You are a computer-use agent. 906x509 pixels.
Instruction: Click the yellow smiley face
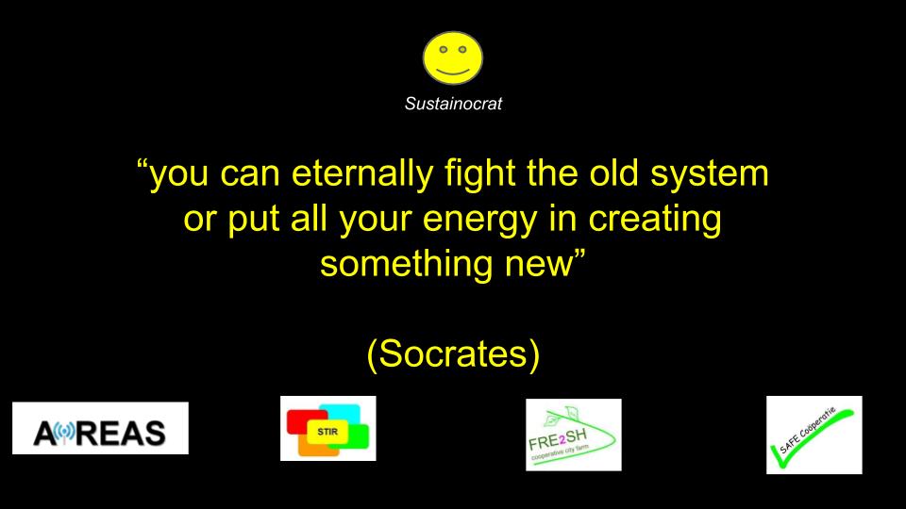(452, 57)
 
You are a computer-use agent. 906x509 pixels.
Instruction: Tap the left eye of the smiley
(443, 50)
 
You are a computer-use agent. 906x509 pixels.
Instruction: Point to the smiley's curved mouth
(452, 73)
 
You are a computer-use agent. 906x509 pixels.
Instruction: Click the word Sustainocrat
(453, 104)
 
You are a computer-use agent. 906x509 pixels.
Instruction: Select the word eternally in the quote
(362, 174)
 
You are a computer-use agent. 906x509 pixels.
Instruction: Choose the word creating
(655, 221)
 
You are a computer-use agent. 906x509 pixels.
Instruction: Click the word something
(407, 264)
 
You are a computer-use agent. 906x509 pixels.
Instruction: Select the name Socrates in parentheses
(454, 353)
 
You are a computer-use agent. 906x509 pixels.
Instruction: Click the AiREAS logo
(101, 428)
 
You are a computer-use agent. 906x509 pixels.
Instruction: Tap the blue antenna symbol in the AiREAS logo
(66, 434)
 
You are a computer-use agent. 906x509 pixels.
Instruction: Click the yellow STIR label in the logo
(327, 432)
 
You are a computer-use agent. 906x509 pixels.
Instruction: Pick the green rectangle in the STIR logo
(357, 436)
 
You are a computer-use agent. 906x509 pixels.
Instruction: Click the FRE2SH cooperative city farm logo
(574, 435)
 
